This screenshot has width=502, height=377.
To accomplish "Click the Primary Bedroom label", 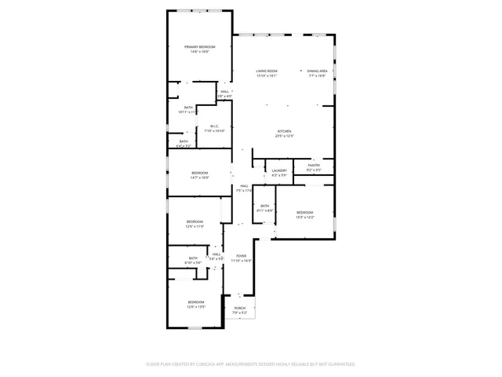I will [199, 47].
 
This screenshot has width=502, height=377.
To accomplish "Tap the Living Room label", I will [267, 71].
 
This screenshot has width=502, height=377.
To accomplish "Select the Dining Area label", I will [318, 71].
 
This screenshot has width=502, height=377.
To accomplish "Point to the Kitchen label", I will [284, 131].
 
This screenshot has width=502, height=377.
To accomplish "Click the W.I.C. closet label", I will [214, 126].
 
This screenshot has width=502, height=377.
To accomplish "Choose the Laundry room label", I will [279, 170].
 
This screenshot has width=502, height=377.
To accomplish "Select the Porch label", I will [240, 308].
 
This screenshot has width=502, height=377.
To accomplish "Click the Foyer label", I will [242, 256].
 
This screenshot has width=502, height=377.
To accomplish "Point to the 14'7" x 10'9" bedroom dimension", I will [199, 178].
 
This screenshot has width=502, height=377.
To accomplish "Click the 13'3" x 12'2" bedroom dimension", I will [304, 218].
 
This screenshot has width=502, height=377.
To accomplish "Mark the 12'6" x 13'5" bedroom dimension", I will [195, 307].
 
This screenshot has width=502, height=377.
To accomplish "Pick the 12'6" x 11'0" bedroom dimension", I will [195, 226].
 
